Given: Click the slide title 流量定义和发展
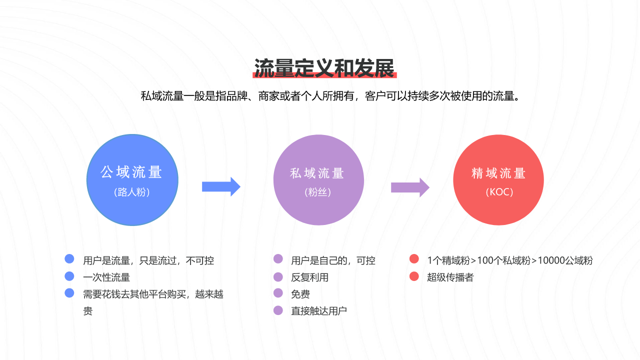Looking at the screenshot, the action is [324, 68].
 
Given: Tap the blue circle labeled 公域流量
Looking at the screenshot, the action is [132, 180].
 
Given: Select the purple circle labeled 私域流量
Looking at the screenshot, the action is [318, 180].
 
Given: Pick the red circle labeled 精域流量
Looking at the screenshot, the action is [498, 180].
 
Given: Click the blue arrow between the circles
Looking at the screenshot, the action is [221, 187].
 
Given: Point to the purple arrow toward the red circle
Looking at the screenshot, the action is [410, 187].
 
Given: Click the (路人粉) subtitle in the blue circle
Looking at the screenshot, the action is [132, 192].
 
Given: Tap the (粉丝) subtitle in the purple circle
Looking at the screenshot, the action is [317, 192].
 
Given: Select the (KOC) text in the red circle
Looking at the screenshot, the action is [499, 192].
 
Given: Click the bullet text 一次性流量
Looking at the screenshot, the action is [106, 277].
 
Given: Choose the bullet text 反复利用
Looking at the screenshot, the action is [309, 277].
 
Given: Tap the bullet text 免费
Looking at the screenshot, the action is [300, 294].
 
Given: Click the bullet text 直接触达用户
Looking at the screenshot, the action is [319, 311].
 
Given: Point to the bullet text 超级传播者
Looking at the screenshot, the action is [450, 277].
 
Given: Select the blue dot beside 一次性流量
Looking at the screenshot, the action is [69, 276].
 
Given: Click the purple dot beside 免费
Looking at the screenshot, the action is [278, 293].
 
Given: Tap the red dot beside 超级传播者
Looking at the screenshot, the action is [414, 276].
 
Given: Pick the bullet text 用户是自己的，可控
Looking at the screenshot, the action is [333, 260].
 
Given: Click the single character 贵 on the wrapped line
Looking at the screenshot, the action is [87, 311].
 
